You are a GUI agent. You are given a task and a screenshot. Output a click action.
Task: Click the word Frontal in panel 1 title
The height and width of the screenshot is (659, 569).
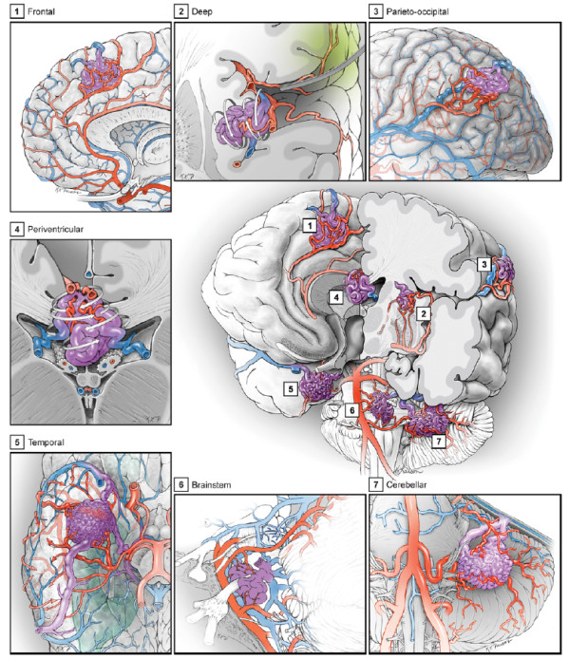coord(41,11)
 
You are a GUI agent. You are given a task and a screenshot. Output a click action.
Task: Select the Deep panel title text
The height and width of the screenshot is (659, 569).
coord(202,11)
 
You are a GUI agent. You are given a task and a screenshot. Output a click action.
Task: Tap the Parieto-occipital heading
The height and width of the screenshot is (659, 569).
coord(417,11)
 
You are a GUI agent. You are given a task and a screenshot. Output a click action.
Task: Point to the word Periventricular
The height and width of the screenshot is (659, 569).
coord(55,229)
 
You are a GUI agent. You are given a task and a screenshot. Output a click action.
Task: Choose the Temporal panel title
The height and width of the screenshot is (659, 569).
coord(46,442)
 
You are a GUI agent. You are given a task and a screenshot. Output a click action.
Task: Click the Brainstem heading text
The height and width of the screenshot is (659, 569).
coord(211,484)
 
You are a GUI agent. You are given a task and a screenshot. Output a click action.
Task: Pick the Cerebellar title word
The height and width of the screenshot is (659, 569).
coord(407,484)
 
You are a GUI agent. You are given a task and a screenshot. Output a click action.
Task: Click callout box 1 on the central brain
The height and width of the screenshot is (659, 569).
coord(310,226)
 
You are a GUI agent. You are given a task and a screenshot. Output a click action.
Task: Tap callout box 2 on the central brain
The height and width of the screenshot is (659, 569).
coord(424,313)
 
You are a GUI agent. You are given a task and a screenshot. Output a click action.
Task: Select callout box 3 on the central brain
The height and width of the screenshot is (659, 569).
coord(484,264)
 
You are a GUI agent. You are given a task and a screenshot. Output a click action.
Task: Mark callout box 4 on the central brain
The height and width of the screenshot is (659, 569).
coord(336,297)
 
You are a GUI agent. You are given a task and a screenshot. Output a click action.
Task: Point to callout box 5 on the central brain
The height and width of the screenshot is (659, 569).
coord(291,388)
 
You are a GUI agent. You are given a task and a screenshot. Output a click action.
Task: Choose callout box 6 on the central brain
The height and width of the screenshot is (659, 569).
coord(352,410)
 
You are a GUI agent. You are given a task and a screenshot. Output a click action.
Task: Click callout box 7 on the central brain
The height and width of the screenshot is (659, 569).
coord(439,442)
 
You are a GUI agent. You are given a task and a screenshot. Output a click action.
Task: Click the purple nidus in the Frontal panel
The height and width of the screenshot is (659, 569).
coord(99,73)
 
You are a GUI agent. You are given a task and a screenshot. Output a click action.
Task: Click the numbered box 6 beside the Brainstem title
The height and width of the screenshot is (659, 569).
coord(180,484)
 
